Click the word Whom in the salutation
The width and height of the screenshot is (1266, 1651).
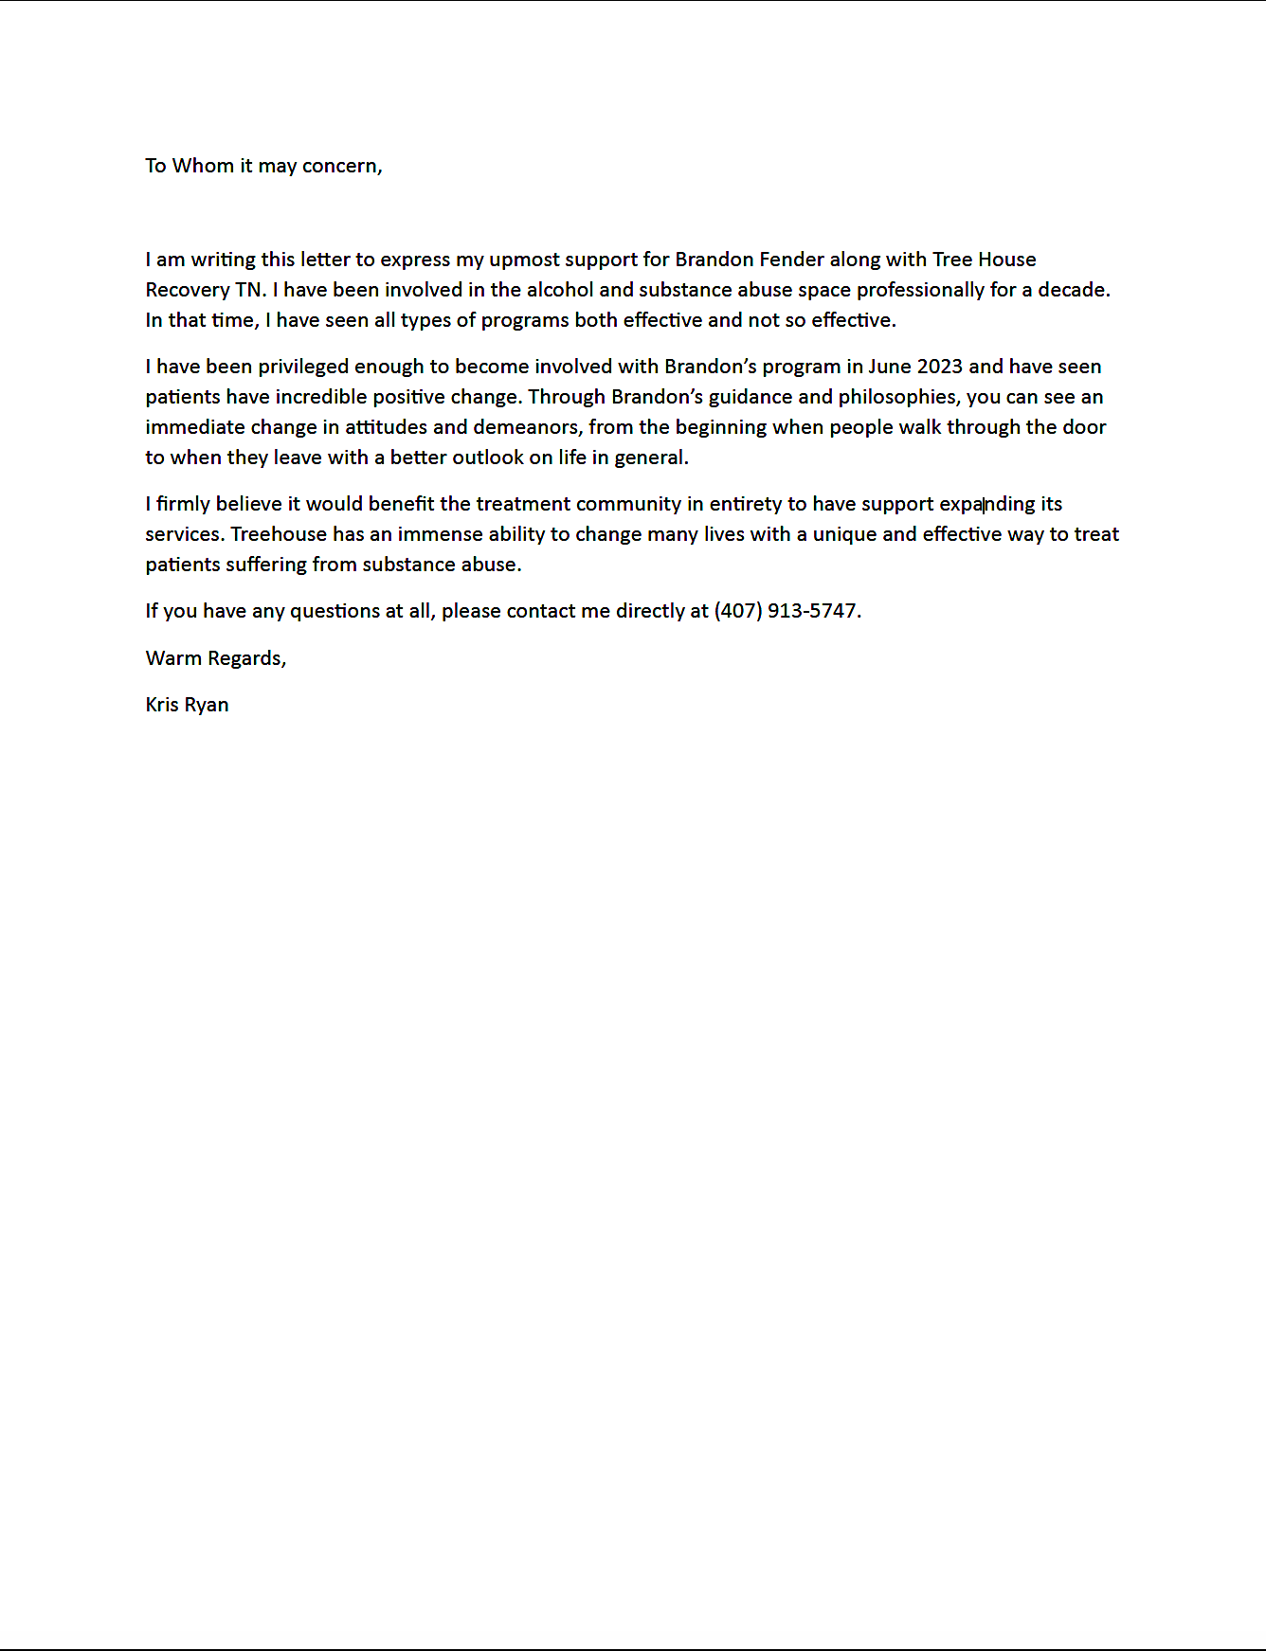pos(203,166)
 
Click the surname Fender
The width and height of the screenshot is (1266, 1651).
pos(791,260)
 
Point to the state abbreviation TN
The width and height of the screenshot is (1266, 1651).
pos(249,290)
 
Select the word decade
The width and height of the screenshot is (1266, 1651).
pos(1073,290)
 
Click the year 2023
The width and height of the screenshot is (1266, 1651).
pos(939,367)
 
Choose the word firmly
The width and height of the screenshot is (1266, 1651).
pos(183,504)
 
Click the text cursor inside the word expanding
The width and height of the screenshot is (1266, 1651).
pos(984,505)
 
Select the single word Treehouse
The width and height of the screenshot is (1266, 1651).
pos(279,534)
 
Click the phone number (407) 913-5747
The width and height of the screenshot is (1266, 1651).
pos(786,611)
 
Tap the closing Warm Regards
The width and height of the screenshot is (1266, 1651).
pos(215,658)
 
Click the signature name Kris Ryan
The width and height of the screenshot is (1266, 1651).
pos(187,705)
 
